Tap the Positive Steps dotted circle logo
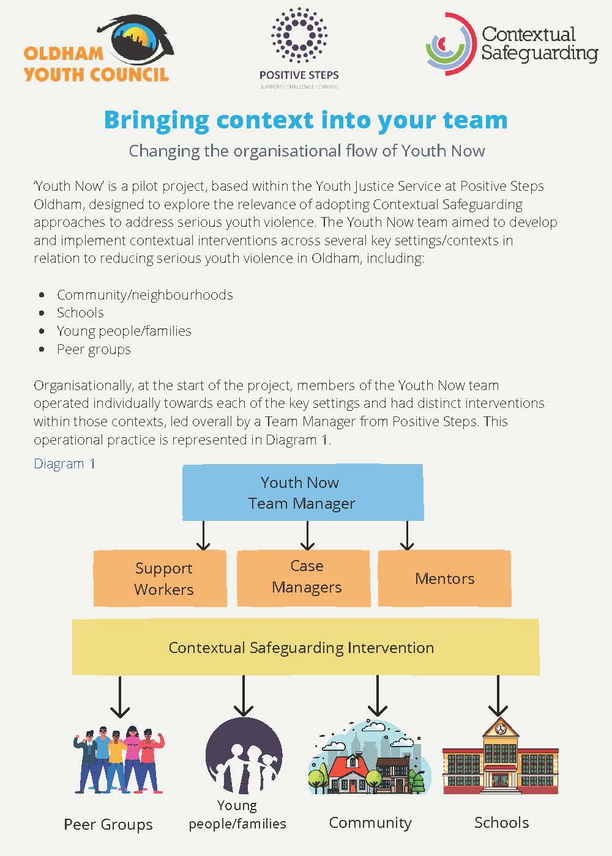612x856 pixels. coord(299,35)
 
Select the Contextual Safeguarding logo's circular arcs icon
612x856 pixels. coord(450,44)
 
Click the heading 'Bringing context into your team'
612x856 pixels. coord(305,120)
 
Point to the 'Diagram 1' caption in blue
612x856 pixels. coord(64,463)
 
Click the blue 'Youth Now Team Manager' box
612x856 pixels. coord(302,492)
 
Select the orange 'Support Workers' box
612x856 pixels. coord(160,578)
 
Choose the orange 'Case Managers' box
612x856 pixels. coord(304,577)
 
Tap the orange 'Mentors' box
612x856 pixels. coord(444,578)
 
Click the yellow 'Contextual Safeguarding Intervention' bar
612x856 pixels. coord(305,647)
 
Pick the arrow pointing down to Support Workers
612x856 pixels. coord(203,536)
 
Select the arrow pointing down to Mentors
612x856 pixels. coord(407,536)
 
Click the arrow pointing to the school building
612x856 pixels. coord(498,696)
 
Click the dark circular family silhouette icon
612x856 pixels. coord(244,756)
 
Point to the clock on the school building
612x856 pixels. coord(500,729)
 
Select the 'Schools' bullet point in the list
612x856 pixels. coord(80,312)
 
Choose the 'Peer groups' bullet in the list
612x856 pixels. coord(94,349)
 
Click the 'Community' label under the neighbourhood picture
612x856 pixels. coord(370,823)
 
